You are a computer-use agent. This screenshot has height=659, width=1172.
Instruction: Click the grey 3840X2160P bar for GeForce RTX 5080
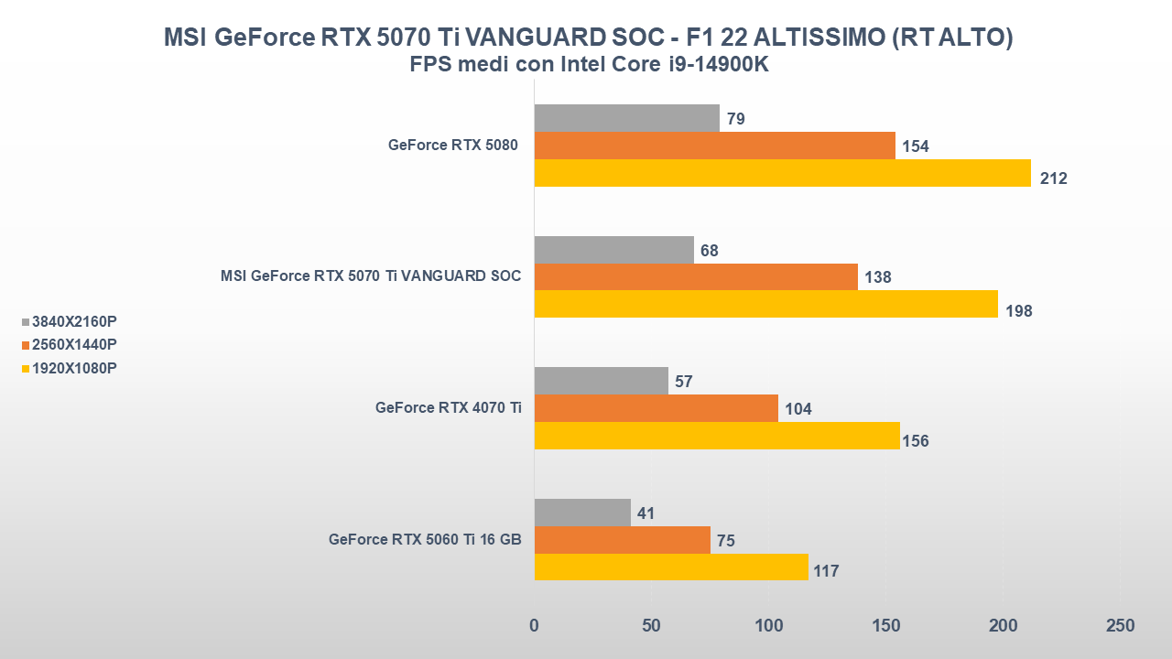(x=626, y=118)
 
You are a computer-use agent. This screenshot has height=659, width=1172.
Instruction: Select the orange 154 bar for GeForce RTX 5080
(x=714, y=146)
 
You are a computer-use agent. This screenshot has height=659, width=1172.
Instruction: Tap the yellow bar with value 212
(x=782, y=173)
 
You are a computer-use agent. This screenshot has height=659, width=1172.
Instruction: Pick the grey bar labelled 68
(x=613, y=250)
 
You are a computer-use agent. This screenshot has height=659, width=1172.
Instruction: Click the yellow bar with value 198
(x=765, y=304)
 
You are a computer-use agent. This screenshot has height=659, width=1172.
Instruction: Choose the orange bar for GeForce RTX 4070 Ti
(x=656, y=408)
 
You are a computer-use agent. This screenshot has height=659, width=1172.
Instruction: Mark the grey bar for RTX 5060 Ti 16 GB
(x=582, y=513)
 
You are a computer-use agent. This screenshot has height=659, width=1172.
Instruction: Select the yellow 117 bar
(x=671, y=567)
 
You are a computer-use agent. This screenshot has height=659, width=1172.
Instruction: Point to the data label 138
(x=878, y=277)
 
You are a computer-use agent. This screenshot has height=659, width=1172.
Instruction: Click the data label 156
(x=915, y=441)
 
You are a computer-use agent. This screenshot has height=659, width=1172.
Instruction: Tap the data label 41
(x=646, y=513)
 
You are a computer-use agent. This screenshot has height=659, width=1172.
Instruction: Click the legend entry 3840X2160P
(x=74, y=322)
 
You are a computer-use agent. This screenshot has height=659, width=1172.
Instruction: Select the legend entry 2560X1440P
(x=74, y=345)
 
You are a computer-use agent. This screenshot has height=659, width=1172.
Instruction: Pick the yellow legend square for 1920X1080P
(x=26, y=369)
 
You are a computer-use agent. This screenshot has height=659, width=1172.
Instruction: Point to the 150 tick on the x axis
(x=885, y=626)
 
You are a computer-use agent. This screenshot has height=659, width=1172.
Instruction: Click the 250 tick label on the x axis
(x=1120, y=626)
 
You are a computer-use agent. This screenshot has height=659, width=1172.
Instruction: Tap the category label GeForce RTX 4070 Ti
(x=448, y=408)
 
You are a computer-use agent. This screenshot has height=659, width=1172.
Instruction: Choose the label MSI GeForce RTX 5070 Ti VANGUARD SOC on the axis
(x=371, y=276)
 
